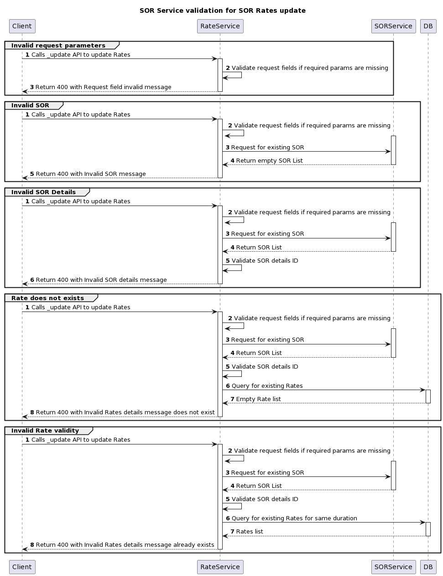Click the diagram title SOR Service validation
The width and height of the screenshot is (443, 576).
[x=223, y=11]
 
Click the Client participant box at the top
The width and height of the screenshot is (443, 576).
[x=22, y=26]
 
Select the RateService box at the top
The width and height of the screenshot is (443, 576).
[x=220, y=26]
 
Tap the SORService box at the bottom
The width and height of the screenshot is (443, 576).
[x=393, y=567]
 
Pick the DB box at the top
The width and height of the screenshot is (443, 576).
[x=428, y=26]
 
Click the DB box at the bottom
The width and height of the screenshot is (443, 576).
[x=428, y=567]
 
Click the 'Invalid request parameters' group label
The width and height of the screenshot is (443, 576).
[x=58, y=45]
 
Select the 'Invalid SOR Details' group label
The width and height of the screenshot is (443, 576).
[x=43, y=192]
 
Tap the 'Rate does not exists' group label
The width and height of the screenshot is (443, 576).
[x=47, y=298]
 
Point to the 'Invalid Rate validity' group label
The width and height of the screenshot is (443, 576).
[x=45, y=430]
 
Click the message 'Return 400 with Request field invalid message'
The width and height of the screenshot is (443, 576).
[x=103, y=87]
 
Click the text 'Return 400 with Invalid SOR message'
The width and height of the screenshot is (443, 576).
[x=91, y=174]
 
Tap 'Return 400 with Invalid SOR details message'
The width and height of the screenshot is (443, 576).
[x=101, y=280]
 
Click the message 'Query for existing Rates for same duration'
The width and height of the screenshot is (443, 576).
[x=294, y=518]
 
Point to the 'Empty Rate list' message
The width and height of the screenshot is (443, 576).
[x=258, y=399]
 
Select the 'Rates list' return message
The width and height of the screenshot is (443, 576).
[x=249, y=532]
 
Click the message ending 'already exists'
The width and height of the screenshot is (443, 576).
[x=125, y=545]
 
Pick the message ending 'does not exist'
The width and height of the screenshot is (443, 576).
[x=125, y=412]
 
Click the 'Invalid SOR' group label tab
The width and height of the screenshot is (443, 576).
[x=30, y=105]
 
